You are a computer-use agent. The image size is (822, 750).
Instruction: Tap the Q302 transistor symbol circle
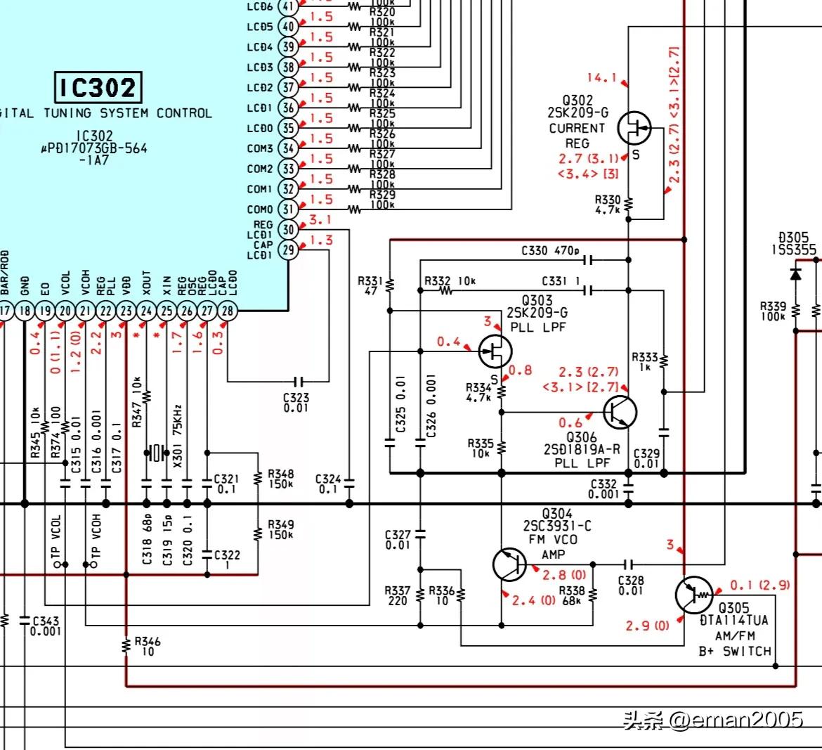pos(634,129)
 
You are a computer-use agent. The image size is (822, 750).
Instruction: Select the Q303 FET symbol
pos(495,351)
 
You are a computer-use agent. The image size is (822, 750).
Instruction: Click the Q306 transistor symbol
pos(620,412)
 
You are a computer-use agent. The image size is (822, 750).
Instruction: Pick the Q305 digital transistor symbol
pos(693,595)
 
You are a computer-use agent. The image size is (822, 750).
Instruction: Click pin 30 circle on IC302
pos(287,229)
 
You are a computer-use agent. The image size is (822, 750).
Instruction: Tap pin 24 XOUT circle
pos(146,311)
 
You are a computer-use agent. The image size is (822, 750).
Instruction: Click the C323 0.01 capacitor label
pos(296,402)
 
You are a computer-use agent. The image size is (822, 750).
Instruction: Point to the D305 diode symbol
pos(795,273)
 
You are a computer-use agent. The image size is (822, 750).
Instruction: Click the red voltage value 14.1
pos(601,78)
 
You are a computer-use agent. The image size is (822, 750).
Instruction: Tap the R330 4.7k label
pos(607,205)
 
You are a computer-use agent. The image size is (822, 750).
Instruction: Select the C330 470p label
pos(550,251)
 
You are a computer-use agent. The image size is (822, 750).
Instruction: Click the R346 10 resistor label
pos(148,646)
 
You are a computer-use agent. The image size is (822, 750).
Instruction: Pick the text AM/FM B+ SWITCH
pos(734,643)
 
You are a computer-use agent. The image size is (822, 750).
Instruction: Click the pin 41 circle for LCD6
pos(287,7)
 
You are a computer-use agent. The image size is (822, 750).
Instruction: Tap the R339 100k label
pos(773,311)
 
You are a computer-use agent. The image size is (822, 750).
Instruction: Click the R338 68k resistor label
pos(572,596)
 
